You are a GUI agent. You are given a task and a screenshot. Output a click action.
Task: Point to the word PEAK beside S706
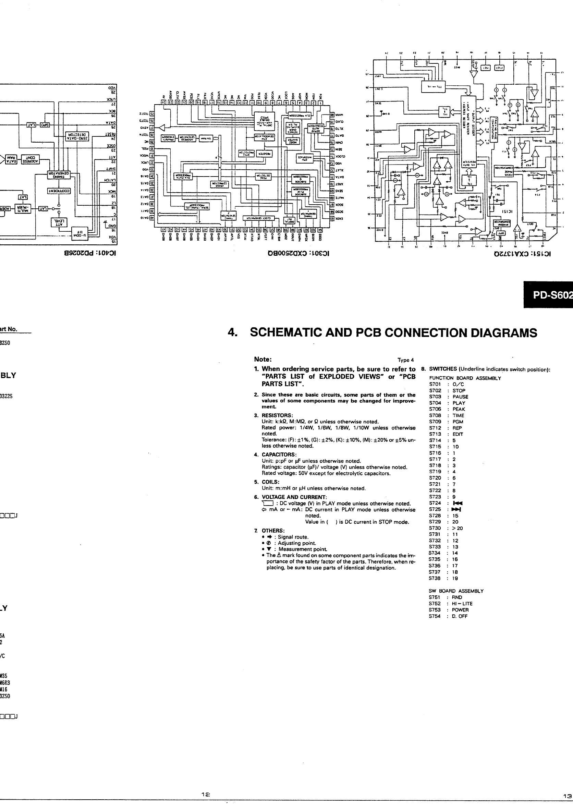459,409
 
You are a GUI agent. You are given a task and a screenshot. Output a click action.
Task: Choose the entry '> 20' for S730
458,528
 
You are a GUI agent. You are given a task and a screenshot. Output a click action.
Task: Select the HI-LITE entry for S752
462,604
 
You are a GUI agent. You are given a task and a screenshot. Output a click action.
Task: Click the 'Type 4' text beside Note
406,360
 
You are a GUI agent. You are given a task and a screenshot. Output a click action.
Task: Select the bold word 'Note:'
263,359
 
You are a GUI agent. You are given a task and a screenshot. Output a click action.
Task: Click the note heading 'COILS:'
271,482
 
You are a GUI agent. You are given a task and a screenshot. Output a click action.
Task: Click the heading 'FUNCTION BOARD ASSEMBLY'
465,378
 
